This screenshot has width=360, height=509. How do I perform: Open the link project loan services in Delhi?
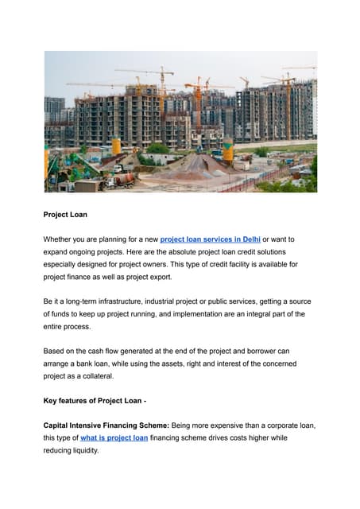[x=211, y=239]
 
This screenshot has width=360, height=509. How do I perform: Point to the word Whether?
[x=60, y=239]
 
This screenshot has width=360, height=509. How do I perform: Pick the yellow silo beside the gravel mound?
[x=228, y=150]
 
